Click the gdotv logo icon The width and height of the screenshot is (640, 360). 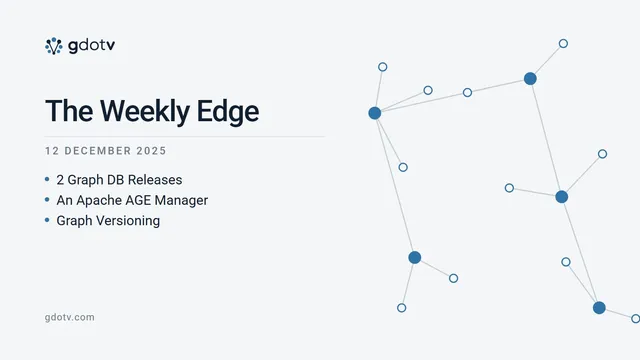53,46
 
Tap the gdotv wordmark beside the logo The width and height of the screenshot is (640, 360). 92,46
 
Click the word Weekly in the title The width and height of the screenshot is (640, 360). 144,111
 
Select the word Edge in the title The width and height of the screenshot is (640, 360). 228,112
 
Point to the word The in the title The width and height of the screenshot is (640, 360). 69,111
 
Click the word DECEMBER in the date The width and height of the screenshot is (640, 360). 98,151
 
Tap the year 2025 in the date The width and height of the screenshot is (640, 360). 151,151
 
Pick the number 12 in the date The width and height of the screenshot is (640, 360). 52,151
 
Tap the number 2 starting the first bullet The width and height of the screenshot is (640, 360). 60,180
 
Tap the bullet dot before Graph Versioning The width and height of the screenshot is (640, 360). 47,220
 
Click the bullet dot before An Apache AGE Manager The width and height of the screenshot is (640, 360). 47,200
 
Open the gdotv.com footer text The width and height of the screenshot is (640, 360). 69,317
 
